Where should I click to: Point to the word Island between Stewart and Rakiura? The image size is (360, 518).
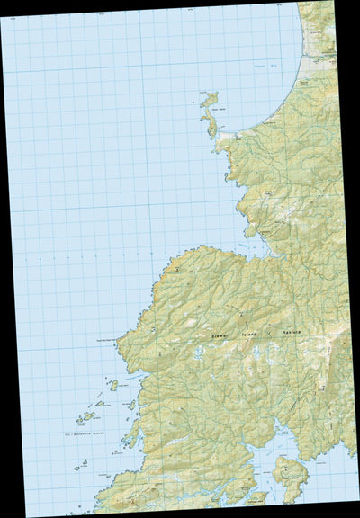click(261, 333)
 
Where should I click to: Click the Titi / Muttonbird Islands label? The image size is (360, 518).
click(89, 434)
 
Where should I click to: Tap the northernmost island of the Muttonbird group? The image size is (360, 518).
click(113, 385)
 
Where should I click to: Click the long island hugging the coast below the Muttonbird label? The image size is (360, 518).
click(133, 433)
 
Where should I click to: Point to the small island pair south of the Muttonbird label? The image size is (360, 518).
click(81, 465)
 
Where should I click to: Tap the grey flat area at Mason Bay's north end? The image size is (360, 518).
click(317, 63)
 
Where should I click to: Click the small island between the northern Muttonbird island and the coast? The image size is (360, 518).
click(131, 405)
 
